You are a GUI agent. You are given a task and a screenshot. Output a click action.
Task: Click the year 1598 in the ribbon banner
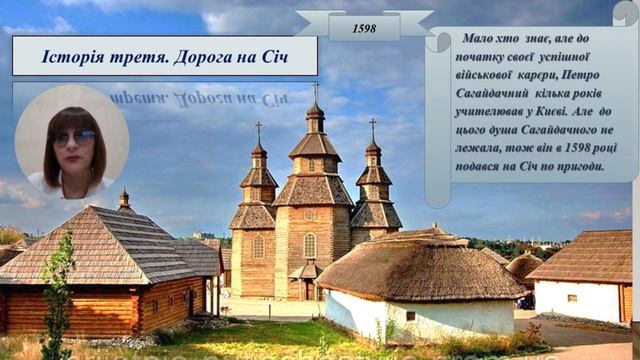(x=364, y=28)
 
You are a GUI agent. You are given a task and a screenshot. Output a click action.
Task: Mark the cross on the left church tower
(x=258, y=129)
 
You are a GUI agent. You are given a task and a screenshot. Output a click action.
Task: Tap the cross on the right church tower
(x=373, y=126)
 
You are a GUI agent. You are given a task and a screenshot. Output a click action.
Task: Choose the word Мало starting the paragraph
(x=481, y=39)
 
